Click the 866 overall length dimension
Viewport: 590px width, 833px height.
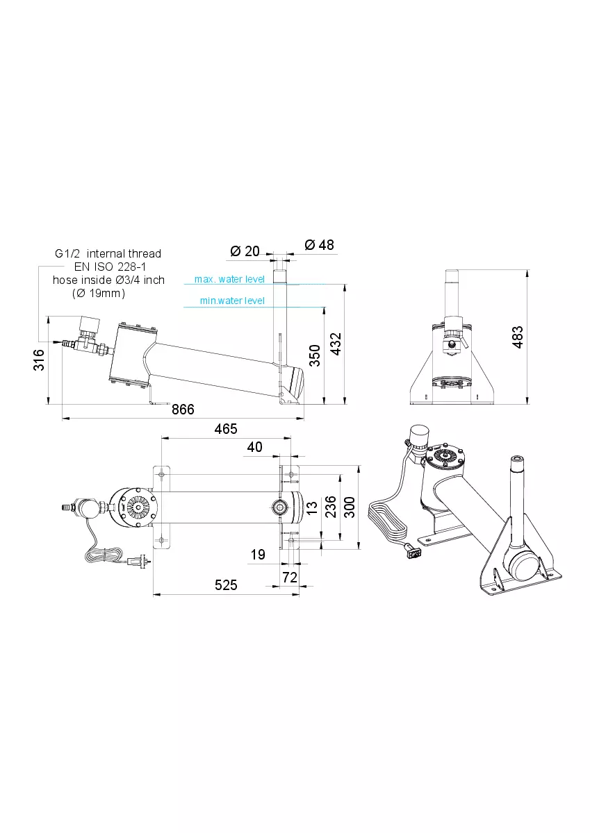183,410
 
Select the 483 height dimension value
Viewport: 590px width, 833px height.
518,337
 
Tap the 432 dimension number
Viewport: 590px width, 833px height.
336,344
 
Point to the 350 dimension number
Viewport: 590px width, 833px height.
315,355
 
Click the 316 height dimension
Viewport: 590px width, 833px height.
39,360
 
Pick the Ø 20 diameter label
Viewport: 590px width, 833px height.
245,251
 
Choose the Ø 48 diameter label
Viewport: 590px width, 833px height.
319,245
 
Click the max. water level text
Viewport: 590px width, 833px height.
229,279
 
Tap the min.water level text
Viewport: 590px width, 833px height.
232,301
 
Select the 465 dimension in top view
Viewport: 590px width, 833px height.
226,429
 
